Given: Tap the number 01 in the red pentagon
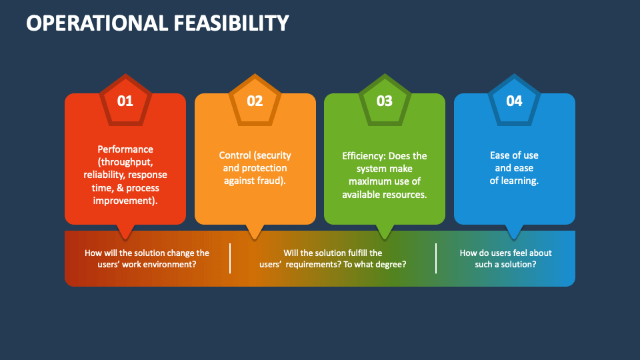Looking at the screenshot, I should pos(125,101).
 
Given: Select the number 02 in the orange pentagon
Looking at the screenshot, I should pos(255,101).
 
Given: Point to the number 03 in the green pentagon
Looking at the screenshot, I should pos(385,101).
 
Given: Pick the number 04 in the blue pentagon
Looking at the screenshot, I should pos(514,101).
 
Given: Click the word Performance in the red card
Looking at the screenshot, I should pos(125,149).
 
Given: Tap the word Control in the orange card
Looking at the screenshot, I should pos(235,155).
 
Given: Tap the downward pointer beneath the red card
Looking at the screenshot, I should pos(125,231).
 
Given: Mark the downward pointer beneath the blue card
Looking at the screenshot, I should pos(514,231).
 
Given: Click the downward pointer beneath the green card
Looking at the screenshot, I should pos(385,231).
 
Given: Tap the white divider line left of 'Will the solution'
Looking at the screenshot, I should pos(230,258).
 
